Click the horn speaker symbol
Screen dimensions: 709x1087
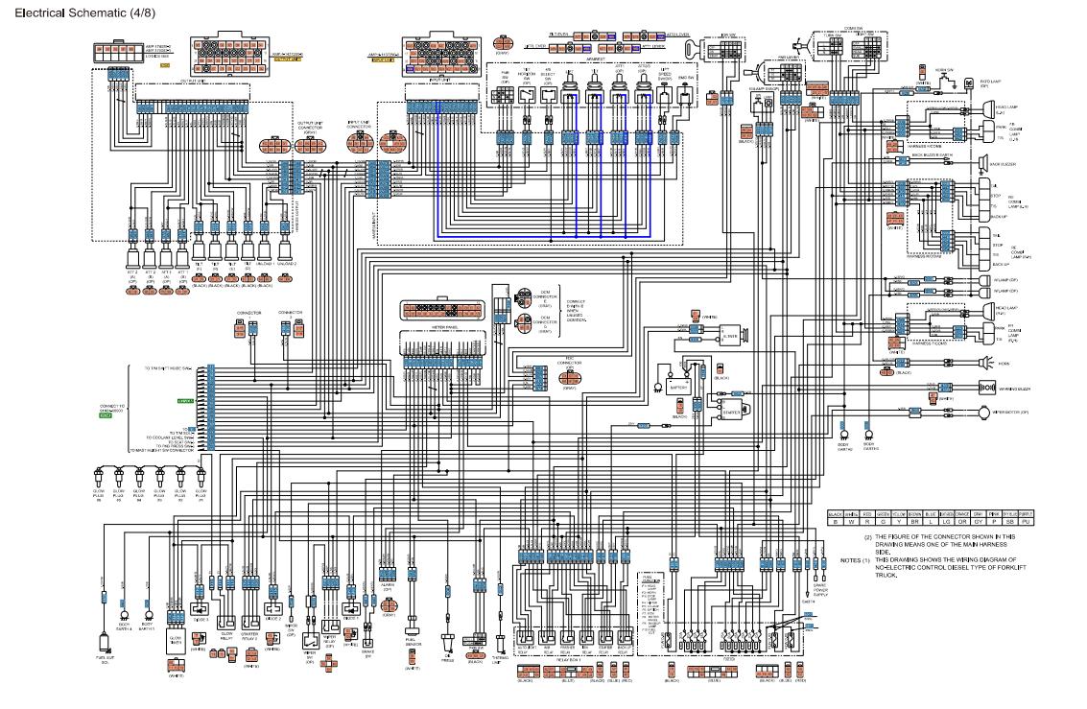(x=983, y=363)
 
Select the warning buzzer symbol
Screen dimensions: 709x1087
(x=986, y=387)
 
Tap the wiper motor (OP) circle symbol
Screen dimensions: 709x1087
(x=982, y=412)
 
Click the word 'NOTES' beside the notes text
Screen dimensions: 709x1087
(x=849, y=559)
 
